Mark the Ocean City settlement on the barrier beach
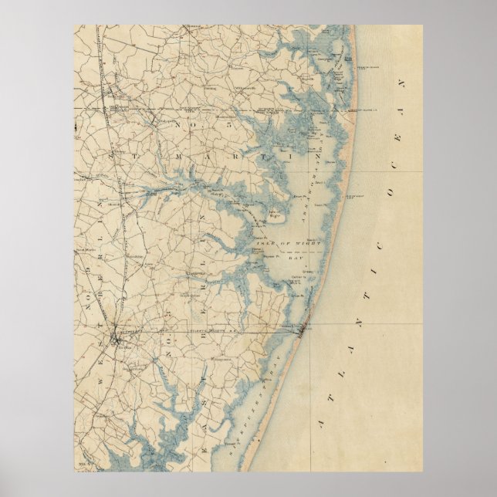pos(301,332)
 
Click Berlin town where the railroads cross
pos(116,336)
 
